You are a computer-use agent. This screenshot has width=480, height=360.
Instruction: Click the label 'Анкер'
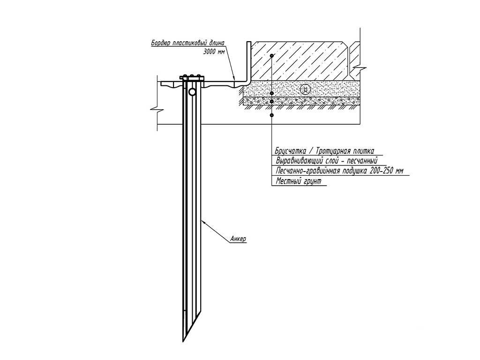[x=238, y=239]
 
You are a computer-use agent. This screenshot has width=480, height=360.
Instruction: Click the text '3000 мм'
[x=214, y=52]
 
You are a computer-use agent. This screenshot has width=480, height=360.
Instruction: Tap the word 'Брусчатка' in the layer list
[x=291, y=151]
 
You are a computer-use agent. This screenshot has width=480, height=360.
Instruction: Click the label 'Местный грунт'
[x=299, y=181]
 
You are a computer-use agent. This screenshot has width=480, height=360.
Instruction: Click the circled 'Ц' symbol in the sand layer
[x=305, y=90]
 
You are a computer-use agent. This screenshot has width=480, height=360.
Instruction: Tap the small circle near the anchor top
[x=192, y=91]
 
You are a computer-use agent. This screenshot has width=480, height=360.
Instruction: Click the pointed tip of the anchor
[x=184, y=341]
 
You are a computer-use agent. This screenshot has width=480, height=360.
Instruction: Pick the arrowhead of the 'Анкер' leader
[x=203, y=223]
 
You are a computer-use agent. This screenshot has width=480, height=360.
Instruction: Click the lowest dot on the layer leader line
[x=271, y=115]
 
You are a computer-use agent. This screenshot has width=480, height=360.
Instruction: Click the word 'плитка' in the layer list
[x=364, y=151]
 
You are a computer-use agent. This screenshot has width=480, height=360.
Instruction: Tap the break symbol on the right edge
[x=360, y=67]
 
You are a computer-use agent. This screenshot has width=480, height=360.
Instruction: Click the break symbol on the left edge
[x=157, y=109]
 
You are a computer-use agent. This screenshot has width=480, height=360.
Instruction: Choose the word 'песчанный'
[x=362, y=161]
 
